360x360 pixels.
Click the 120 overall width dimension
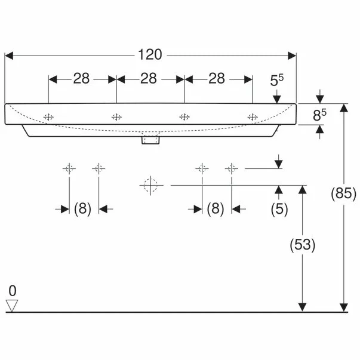[150, 55]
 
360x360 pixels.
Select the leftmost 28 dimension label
[81, 79]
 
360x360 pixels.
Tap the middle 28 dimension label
[149, 79]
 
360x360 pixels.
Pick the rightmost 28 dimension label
[217, 79]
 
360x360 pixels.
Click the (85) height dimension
[343, 193]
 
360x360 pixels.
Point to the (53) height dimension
[302, 245]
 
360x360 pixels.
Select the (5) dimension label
[279, 209]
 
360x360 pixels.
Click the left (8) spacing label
[82, 209]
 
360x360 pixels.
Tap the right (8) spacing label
[216, 209]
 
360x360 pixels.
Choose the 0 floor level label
[13, 291]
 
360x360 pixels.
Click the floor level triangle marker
[12, 306]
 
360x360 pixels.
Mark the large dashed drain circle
[150, 185]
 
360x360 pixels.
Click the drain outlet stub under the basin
[150, 140]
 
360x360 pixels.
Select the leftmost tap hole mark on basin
[48, 117]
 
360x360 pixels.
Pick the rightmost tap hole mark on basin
[253, 117]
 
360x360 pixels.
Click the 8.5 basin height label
[319, 115]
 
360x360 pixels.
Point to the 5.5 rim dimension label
[276, 81]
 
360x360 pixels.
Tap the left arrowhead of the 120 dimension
[9, 56]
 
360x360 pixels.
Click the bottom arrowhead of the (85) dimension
[344, 307]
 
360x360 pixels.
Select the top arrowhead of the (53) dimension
[302, 189]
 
